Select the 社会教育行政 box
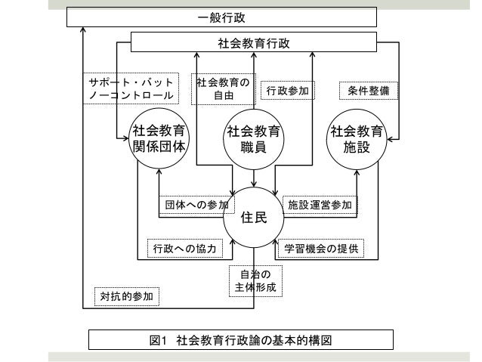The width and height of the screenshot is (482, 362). [253, 42]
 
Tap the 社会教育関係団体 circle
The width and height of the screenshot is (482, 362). [159, 138]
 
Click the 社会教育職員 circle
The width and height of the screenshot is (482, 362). [254, 139]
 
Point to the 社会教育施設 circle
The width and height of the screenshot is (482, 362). [357, 138]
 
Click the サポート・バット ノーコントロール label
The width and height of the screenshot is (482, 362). [131, 89]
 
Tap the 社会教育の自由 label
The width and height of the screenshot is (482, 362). [223, 89]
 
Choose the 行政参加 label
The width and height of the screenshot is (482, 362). [288, 91]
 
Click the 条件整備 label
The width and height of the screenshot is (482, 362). [368, 91]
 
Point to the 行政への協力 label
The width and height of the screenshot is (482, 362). [184, 248]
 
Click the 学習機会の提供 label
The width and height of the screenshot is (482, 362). [321, 248]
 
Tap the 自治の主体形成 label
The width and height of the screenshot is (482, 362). [255, 280]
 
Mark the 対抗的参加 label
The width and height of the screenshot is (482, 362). [127, 296]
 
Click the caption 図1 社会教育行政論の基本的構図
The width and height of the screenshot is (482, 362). [241, 340]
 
